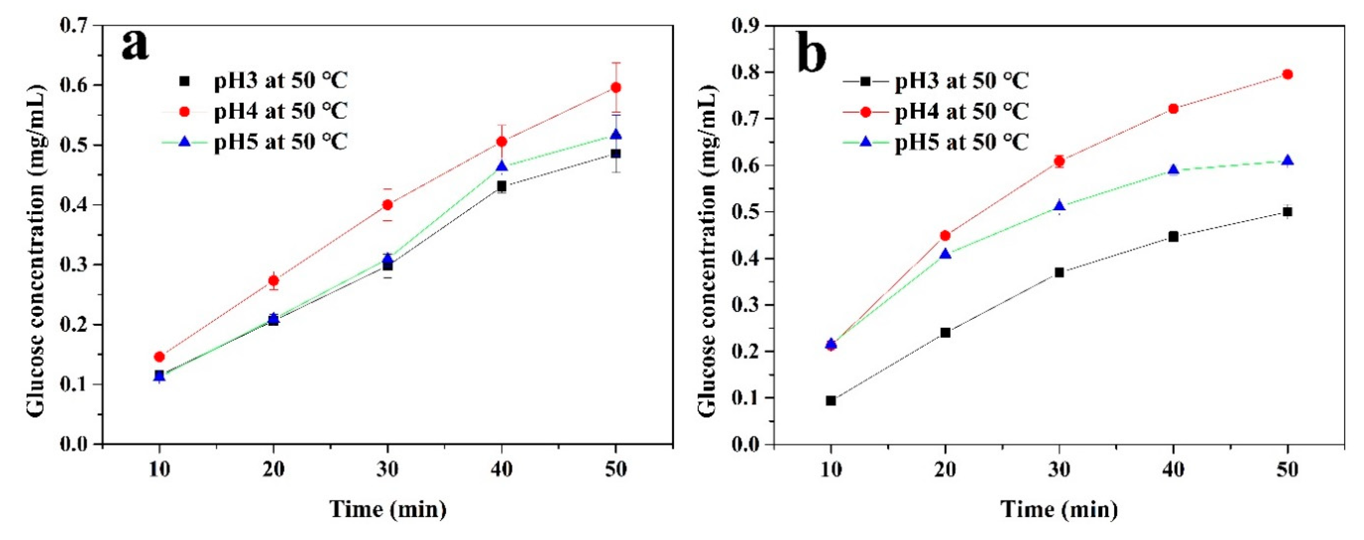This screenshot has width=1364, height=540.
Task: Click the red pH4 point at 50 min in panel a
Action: click(615, 87)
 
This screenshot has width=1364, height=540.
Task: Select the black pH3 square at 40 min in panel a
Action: click(501, 186)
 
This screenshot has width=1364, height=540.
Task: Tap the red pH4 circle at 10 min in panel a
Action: click(159, 357)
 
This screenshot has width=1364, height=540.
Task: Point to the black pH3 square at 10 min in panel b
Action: click(831, 401)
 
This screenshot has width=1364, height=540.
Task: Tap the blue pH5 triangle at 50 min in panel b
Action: click(1287, 161)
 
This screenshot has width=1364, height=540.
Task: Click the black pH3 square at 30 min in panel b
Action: click(1059, 272)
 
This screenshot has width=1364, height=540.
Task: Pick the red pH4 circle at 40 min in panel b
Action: click(1173, 109)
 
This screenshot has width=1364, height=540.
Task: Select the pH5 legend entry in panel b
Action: click(961, 142)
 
